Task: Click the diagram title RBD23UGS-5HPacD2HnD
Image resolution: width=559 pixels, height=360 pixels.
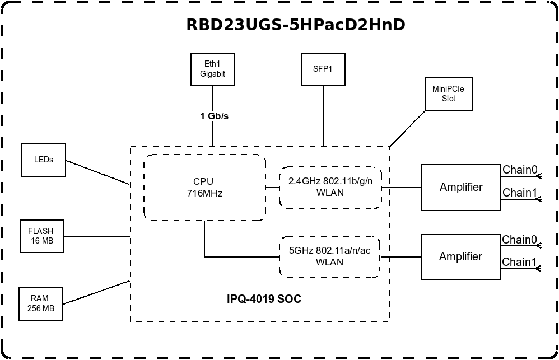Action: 295,25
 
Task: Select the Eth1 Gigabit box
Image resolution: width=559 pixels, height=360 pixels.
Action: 212,69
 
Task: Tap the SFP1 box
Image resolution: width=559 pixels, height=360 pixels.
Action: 323,69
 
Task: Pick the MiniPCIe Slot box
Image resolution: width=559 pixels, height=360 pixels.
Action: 448,93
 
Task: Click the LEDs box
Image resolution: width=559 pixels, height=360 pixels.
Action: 43,160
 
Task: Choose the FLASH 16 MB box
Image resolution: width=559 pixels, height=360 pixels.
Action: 41,236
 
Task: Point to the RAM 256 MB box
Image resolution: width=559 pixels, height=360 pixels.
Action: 40,304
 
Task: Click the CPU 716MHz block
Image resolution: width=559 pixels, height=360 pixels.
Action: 204,188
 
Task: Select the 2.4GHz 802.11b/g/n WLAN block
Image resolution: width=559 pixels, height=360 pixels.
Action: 330,187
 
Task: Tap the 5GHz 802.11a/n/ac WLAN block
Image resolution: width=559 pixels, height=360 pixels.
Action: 330,256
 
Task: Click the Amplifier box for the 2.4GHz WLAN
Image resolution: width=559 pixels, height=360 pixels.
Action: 461,187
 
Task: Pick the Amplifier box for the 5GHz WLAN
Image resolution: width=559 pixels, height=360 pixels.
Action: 460,257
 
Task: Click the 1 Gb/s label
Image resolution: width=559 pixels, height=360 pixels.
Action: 214,116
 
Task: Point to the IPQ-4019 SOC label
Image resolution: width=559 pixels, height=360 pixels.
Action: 264,299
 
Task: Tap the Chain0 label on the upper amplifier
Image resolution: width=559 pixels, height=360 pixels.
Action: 520,170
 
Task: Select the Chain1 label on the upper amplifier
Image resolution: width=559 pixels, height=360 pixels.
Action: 520,193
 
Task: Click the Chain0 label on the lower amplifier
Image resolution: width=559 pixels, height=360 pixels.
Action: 519,240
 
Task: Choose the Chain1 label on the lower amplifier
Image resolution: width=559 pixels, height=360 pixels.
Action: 519,262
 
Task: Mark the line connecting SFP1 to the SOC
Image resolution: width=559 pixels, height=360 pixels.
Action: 323,116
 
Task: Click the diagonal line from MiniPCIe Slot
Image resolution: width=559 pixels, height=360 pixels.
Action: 408,128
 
